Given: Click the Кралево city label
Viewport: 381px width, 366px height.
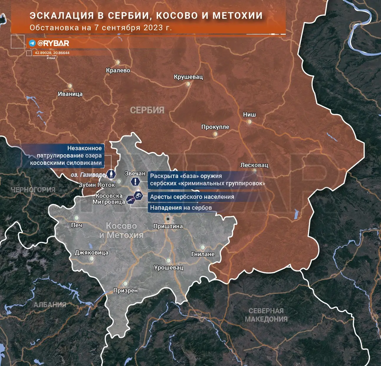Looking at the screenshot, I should tap(118, 70).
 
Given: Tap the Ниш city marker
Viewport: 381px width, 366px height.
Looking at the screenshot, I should tap(249, 122).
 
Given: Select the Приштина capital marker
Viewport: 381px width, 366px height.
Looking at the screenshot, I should tap(168, 219).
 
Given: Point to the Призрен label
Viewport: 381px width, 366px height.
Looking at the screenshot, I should tap(126, 291).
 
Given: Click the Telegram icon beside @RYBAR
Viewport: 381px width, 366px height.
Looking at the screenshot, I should tap(32, 43).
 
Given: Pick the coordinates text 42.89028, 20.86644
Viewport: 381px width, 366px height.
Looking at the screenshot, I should tap(52, 53).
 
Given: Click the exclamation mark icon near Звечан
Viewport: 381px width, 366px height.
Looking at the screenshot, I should tap(135, 181).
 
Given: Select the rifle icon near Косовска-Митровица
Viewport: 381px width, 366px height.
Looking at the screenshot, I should tap(130, 200).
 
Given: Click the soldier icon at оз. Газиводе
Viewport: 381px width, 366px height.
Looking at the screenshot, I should tap(111, 174).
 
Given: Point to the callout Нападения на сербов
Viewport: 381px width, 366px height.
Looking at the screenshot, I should tap(181, 208).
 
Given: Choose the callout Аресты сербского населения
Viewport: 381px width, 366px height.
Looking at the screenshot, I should tap(192, 197).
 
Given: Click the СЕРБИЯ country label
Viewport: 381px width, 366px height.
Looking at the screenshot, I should tap(147, 110).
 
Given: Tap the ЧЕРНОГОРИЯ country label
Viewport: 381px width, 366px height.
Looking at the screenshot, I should tap(33, 190).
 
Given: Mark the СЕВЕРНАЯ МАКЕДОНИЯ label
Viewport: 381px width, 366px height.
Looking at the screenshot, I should tap(266, 315).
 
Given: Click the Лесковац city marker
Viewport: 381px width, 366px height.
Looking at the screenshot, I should tap(254, 171).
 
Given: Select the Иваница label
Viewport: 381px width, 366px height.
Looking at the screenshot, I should tap(70, 94).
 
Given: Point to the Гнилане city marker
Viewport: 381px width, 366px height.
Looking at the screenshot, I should tap(203, 248).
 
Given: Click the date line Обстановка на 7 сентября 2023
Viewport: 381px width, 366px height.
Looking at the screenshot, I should tap(101, 28).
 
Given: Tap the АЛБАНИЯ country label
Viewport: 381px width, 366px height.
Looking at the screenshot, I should tap(50, 305).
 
